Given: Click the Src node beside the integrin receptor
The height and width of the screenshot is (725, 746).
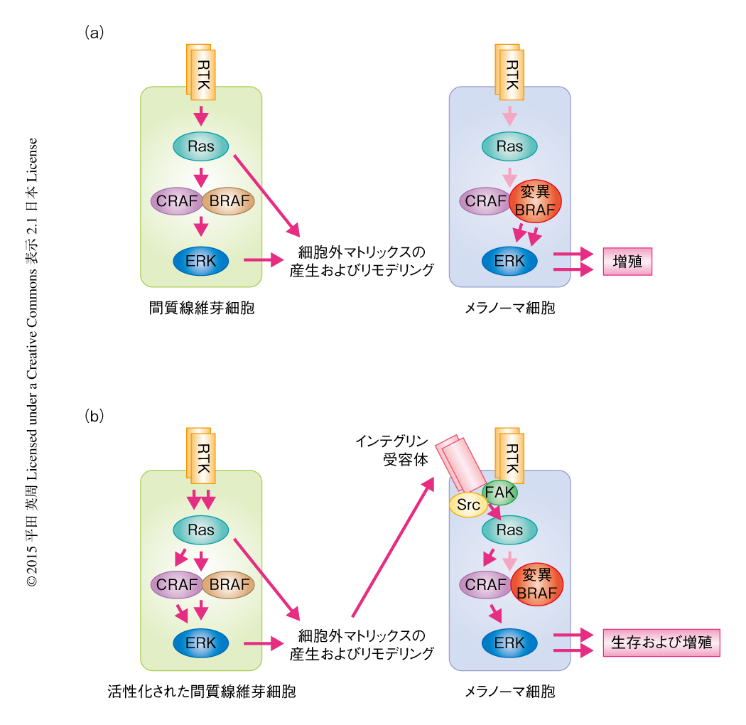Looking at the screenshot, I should point(469,505).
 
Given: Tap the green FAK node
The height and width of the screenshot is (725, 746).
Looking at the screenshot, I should point(500,491).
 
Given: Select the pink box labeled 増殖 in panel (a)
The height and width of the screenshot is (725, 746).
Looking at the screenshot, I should point(627,262).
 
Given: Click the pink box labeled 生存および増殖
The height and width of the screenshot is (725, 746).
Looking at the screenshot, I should point(661,642).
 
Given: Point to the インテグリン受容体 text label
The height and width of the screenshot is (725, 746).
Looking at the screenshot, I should point(394,451).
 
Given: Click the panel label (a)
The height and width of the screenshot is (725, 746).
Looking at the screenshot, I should point(94,33).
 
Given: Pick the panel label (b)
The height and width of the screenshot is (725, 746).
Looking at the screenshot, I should point(94,416).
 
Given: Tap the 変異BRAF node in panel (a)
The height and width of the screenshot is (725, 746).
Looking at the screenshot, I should point(536,201).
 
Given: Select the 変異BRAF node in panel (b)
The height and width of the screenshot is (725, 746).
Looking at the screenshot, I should point(537,584).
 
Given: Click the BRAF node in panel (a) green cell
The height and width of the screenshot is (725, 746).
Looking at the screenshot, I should point(227,201).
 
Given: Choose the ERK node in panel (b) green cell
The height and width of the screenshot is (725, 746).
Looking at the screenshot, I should point(201,643).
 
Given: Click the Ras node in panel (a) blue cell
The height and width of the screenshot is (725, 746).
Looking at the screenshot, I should point(509,147).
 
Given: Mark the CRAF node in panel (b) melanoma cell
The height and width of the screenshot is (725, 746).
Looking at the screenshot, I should point(486,585).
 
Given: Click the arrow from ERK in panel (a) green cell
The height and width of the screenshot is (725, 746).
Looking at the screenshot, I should point(263,261).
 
